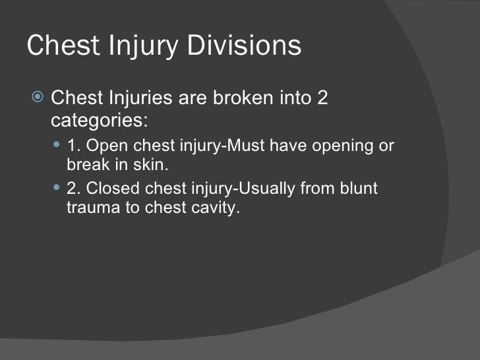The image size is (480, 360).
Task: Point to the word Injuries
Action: tap(140, 99)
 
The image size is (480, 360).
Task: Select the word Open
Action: tap(106, 146)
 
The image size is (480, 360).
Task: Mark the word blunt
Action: tap(360, 189)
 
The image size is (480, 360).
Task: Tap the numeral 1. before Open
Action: tap(74, 146)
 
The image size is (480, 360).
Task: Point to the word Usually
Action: tap(264, 189)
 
